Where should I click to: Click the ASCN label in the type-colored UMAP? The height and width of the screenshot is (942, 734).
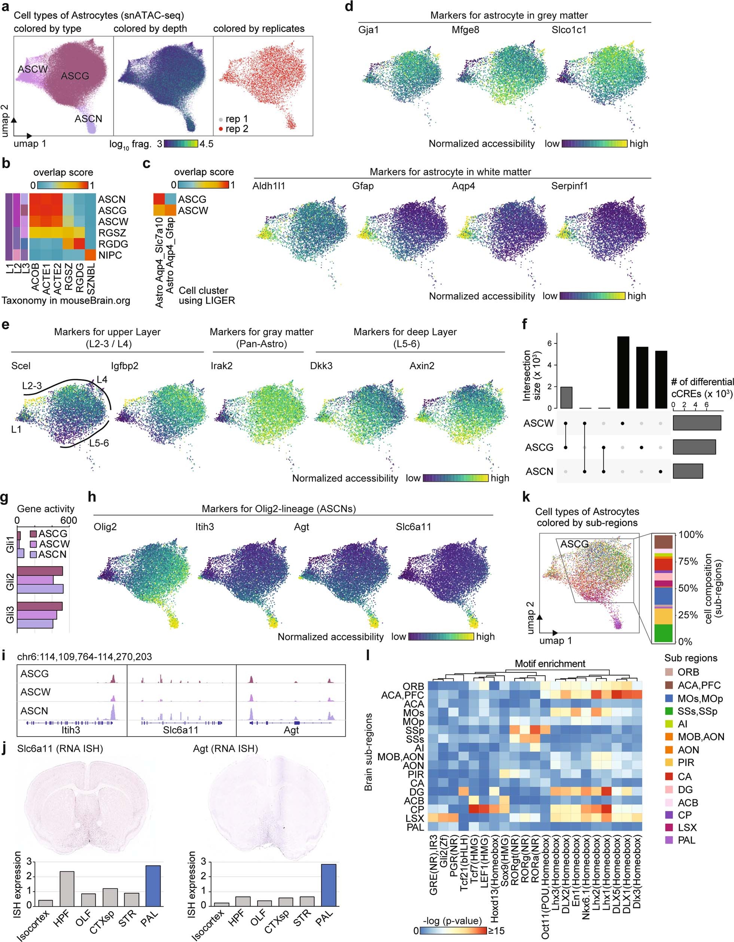tap(88, 119)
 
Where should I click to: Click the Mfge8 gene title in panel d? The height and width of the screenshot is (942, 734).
tap(465, 30)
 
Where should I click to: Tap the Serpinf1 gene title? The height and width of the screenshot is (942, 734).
tap(569, 186)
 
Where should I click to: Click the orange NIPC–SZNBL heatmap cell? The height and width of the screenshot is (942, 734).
tap(90, 255)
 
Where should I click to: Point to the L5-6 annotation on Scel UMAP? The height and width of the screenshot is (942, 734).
tap(99, 443)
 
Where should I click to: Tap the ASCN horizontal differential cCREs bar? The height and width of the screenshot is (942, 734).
tap(688, 471)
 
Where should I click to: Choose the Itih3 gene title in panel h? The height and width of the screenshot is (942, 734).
tap(204, 527)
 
